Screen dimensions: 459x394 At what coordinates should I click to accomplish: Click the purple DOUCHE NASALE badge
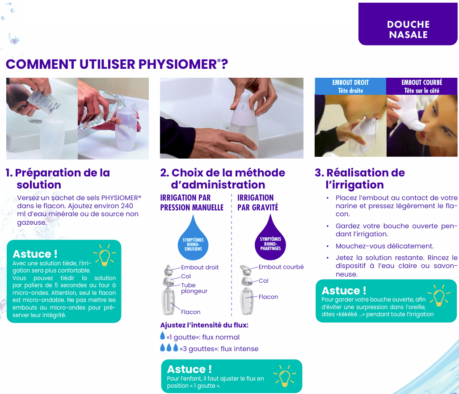click(x=408, y=24)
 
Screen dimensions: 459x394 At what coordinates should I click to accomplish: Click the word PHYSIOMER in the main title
click(x=178, y=64)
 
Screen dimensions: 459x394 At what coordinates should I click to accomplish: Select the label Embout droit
click(x=200, y=267)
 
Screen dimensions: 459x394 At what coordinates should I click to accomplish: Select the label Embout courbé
click(x=281, y=267)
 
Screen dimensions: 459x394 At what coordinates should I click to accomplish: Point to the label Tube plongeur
click(x=194, y=288)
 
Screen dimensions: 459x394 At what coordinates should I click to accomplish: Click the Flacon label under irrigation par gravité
click(x=268, y=297)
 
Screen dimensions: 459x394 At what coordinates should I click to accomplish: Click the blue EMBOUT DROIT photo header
click(x=350, y=86)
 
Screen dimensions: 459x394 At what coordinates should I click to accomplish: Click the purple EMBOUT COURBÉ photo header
click(x=421, y=86)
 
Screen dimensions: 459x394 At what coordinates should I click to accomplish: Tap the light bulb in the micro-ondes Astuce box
click(x=105, y=256)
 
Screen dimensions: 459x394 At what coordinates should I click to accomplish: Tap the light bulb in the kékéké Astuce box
click(x=439, y=295)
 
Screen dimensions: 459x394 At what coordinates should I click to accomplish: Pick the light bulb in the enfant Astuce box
click(x=285, y=376)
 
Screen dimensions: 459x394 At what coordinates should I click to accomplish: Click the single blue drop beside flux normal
click(x=163, y=335)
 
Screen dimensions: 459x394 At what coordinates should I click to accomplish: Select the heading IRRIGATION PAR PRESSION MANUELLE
click(x=192, y=202)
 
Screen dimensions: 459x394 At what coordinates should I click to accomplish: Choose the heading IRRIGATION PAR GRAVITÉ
click(x=257, y=202)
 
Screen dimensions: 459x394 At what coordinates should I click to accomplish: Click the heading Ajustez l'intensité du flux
click(x=204, y=325)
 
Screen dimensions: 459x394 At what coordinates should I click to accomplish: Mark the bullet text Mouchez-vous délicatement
click(x=385, y=246)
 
